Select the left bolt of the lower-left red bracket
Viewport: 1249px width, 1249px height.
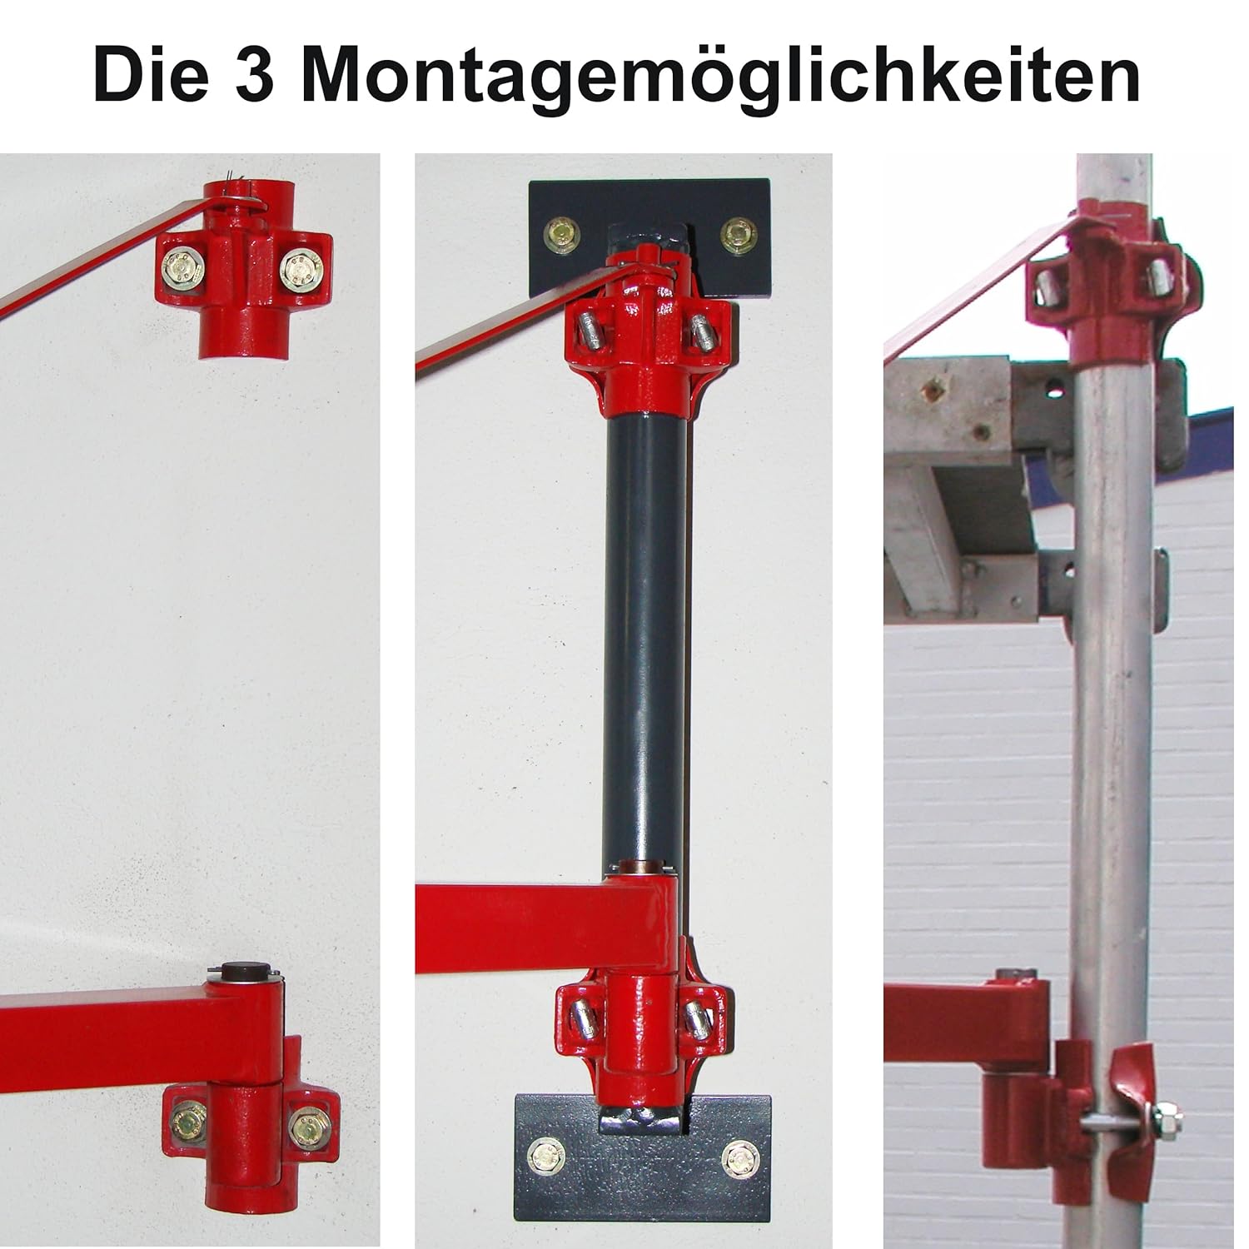187,1126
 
